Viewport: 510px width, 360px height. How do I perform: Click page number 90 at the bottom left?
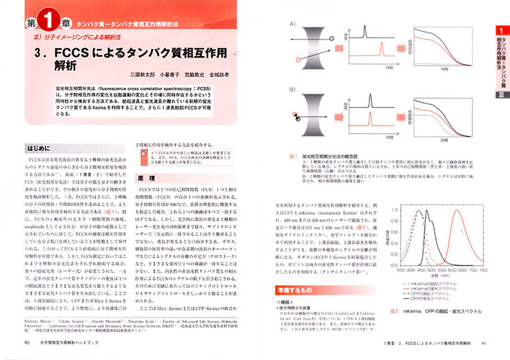27,343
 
